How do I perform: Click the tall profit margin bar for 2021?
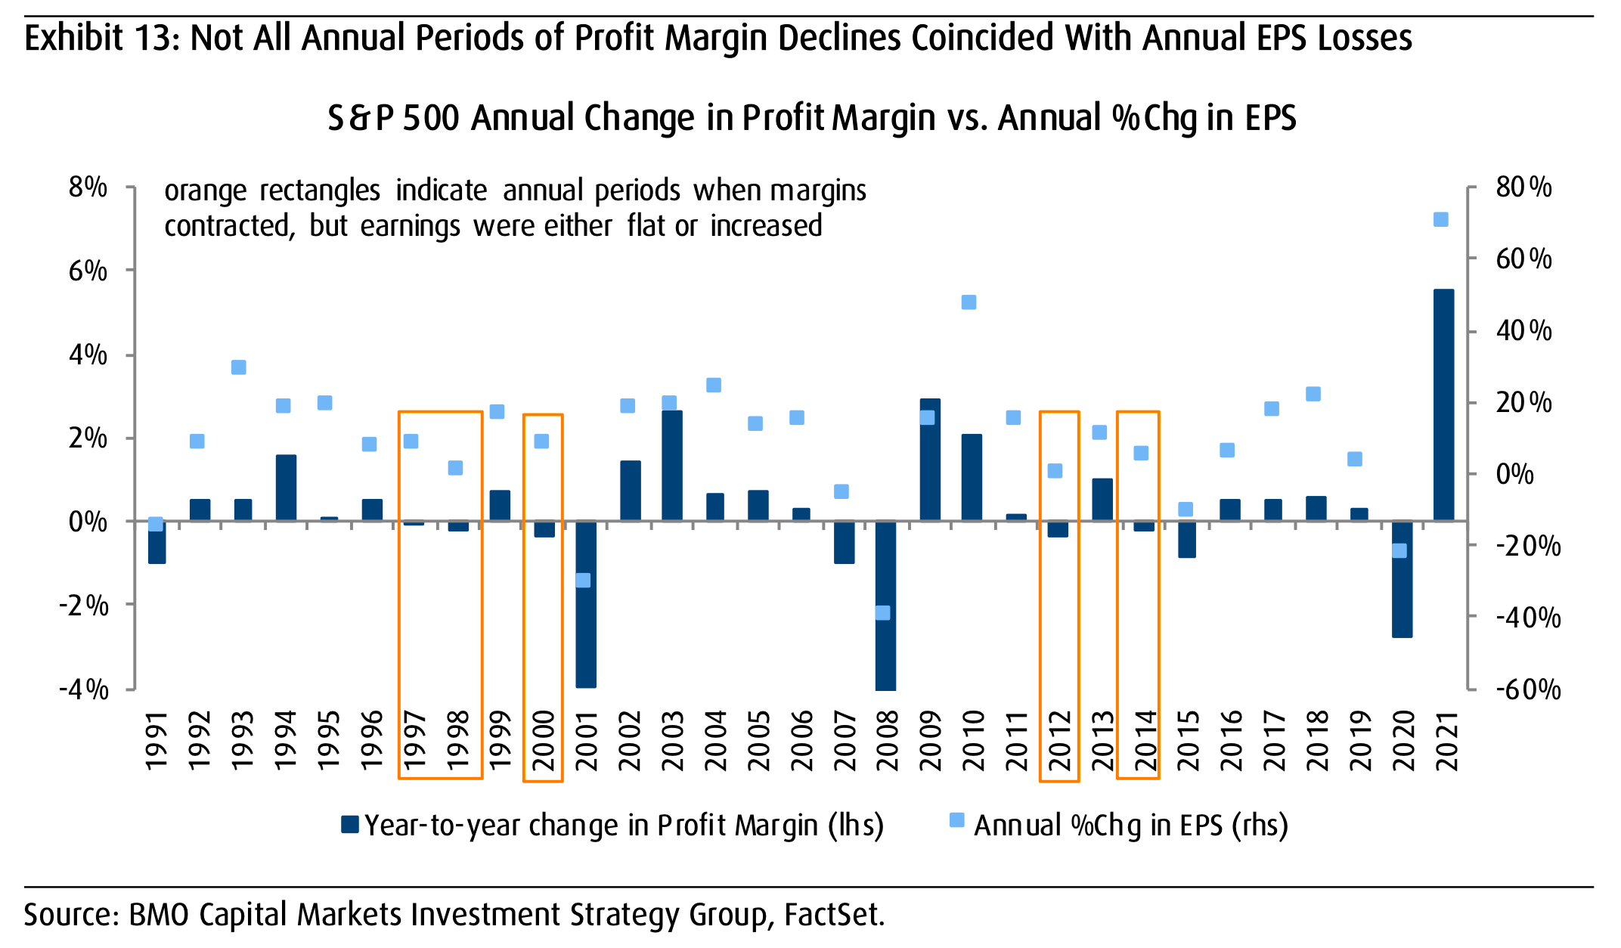(x=1443, y=405)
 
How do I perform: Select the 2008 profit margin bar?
(x=886, y=605)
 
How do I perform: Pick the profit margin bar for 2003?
(x=672, y=466)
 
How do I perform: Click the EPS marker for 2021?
(x=1440, y=220)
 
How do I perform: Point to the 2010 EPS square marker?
(x=969, y=302)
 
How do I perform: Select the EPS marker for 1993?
(x=239, y=367)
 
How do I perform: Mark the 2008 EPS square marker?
(x=882, y=612)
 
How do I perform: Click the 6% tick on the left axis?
(x=88, y=271)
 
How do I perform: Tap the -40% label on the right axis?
(x=1528, y=618)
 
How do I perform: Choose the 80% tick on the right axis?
(x=1523, y=187)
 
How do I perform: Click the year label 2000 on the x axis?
(x=544, y=740)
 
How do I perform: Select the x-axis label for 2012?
(x=1059, y=740)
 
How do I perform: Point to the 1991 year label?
(x=156, y=740)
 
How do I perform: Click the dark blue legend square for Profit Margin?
(x=349, y=824)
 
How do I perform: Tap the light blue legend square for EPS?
(x=956, y=820)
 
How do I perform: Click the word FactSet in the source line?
(x=832, y=915)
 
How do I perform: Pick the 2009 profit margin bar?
(x=930, y=460)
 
